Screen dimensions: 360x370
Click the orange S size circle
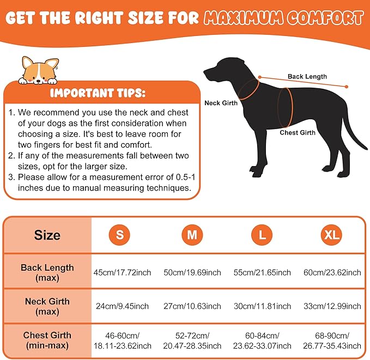pos(119,235)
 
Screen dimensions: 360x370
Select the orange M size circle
pos(192,235)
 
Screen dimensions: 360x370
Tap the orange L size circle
pos(262,235)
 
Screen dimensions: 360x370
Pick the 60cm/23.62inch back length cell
pos(332,272)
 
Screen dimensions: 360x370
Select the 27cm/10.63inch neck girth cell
pos(192,307)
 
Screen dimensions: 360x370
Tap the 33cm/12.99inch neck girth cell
pos(332,307)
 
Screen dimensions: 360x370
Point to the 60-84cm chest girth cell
pos(262,341)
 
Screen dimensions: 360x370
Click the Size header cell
pos(47,236)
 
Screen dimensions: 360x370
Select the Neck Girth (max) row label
pos(47,307)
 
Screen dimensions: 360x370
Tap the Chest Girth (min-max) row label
pos(47,341)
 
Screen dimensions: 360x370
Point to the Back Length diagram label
pos(307,77)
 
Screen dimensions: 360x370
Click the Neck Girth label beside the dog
pos(221,103)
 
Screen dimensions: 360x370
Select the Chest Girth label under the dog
pos(298,132)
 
